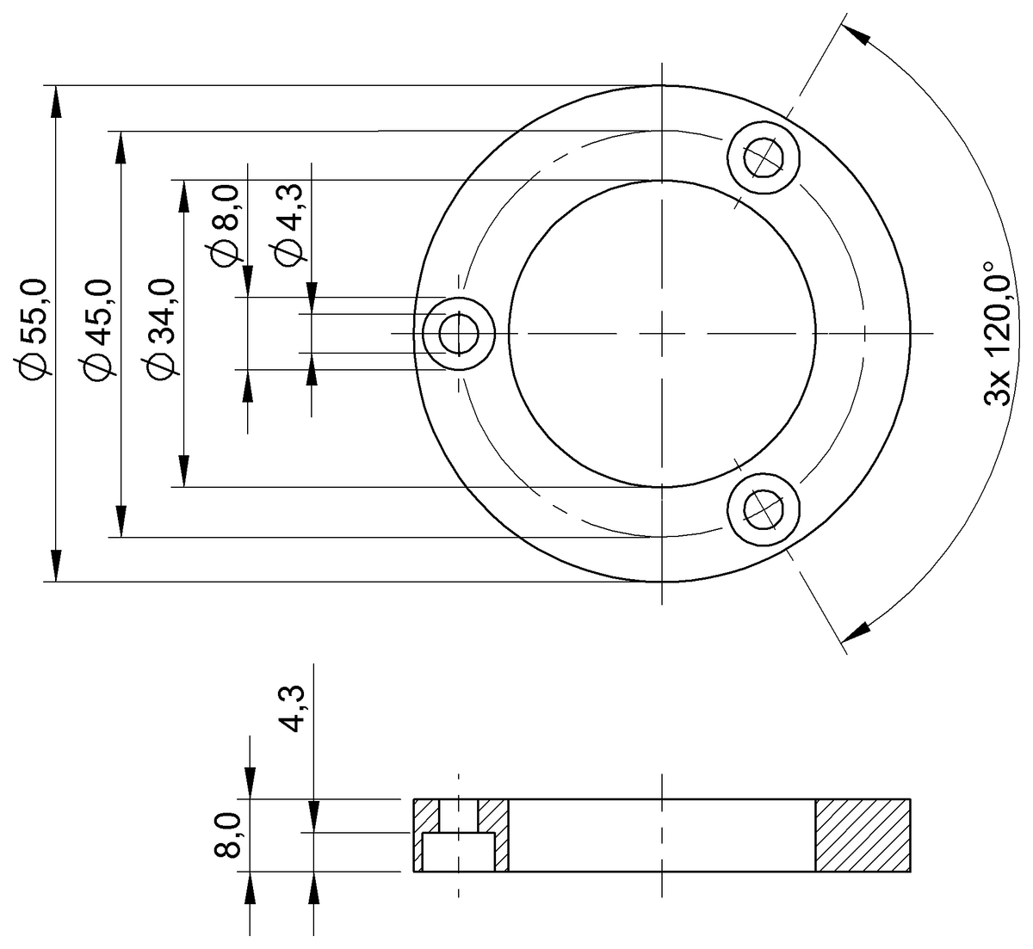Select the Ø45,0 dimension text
96,329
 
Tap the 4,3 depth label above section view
293,707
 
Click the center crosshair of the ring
662,333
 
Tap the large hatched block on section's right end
862,835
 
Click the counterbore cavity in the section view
459,852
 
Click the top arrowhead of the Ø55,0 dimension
57,101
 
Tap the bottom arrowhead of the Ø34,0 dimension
182,472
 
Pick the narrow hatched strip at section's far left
418,835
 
